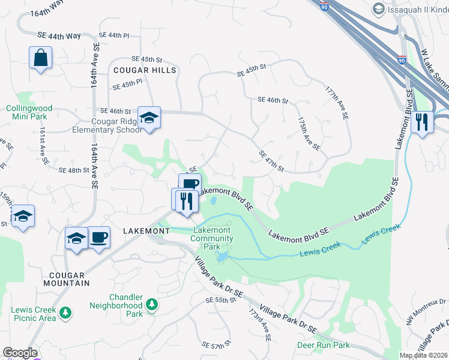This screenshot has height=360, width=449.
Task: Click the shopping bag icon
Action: pos(40,59)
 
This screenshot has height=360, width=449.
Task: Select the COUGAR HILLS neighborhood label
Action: pos(145,70)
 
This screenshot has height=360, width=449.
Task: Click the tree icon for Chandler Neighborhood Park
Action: pos(152,305)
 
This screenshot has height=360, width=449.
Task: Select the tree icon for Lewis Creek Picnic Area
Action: pos(65,313)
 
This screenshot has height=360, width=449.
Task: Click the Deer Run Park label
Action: pos(323,345)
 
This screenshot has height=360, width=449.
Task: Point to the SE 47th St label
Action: pos(271,161)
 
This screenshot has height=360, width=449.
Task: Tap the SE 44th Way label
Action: pos(58,37)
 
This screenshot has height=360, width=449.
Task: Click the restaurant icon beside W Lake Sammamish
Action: pos(423,122)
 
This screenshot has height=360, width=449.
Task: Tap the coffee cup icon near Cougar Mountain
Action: pos(99,237)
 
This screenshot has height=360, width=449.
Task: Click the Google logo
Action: pos(20,353)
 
